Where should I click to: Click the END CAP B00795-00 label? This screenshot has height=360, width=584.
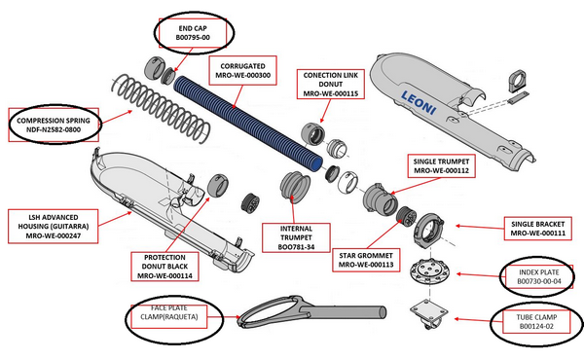pyautogui.click(x=193, y=33)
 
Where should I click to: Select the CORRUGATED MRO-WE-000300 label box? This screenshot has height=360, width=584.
pyautogui.click(x=242, y=71)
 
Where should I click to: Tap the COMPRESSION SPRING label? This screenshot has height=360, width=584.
pyautogui.click(x=54, y=126)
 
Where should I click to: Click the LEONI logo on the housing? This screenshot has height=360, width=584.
pyautogui.click(x=419, y=103)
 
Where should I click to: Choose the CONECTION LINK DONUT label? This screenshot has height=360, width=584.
pyautogui.click(x=330, y=84)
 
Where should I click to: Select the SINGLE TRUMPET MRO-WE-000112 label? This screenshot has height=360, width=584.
pyautogui.click(x=441, y=166)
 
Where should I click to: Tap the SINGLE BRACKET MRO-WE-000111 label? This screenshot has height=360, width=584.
pyautogui.click(x=538, y=229)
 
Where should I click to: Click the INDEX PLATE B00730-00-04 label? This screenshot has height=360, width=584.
pyautogui.click(x=538, y=276)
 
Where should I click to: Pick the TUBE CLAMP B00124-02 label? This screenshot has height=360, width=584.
pyautogui.click(x=536, y=322)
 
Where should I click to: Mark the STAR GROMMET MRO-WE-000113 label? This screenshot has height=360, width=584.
pyautogui.click(x=366, y=260)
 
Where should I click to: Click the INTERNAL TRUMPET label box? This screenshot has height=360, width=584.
pyautogui.click(x=296, y=237)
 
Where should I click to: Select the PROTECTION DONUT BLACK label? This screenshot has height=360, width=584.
pyautogui.click(x=164, y=267)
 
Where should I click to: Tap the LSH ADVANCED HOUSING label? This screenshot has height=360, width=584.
pyautogui.click(x=54, y=227)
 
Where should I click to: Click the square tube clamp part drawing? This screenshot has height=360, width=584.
pyautogui.click(x=429, y=313)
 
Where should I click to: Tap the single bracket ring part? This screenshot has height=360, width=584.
pyautogui.click(x=429, y=230)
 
